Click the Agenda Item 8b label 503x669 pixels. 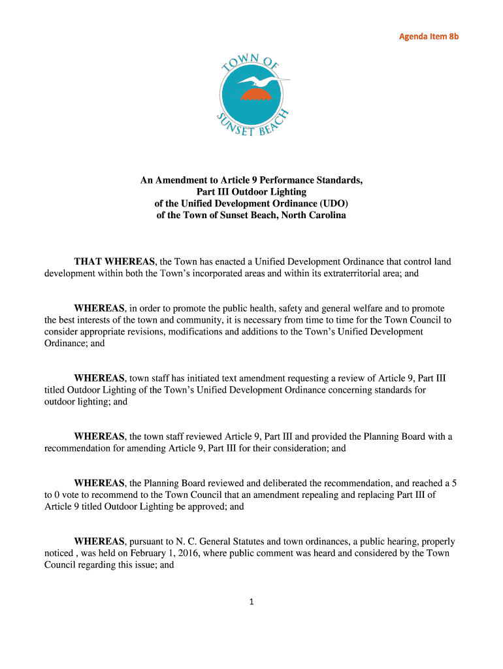(429, 37)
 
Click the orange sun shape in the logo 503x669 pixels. (255, 95)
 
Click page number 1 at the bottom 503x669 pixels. (251, 602)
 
